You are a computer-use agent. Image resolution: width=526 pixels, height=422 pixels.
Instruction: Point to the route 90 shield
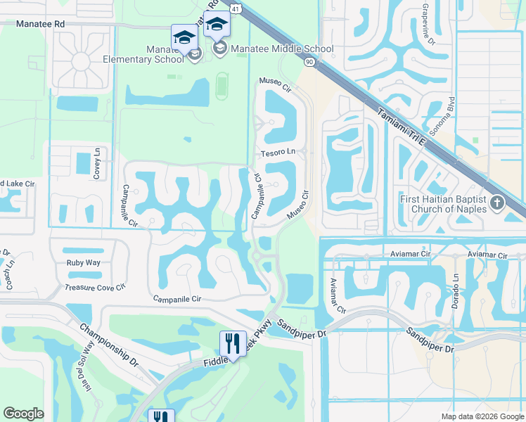[309, 63]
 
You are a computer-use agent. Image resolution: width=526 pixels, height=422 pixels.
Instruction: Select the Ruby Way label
[84, 263]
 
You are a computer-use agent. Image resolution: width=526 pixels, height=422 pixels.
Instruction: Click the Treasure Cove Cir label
[95, 287]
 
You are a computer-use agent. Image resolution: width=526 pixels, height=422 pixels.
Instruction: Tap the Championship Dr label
[109, 344]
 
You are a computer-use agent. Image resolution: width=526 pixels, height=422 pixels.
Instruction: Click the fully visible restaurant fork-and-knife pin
[232, 343]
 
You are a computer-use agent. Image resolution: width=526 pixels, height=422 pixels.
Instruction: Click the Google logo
[24, 414]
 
